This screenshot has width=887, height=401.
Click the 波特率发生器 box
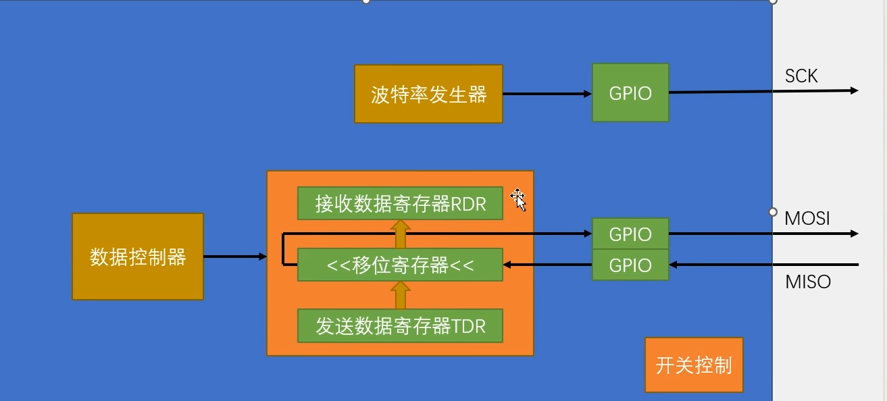pyautogui.click(x=428, y=94)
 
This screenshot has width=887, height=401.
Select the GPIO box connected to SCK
pyautogui.click(x=630, y=93)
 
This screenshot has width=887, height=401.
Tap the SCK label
pyautogui.click(x=801, y=76)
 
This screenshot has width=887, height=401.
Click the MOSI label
pyautogui.click(x=807, y=219)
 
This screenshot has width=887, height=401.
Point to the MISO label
pyautogui.click(x=808, y=282)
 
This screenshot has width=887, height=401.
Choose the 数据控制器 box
pyautogui.click(x=138, y=257)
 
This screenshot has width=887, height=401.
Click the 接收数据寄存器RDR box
pyautogui.click(x=400, y=203)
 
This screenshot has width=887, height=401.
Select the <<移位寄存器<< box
pyautogui.click(x=400, y=265)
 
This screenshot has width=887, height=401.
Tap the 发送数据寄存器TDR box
pyautogui.click(x=400, y=327)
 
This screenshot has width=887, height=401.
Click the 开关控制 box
pyautogui.click(x=694, y=365)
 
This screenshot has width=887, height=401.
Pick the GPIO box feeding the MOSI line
pyautogui.click(x=630, y=234)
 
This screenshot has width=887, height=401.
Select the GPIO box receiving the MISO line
pyautogui.click(x=630, y=265)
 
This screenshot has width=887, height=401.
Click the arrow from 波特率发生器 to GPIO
pyautogui.click(x=547, y=94)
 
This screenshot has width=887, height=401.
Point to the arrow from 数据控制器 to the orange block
pyautogui.click(x=235, y=257)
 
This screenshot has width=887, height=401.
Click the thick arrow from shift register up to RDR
pyautogui.click(x=400, y=234)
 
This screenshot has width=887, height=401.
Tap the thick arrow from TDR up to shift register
pyautogui.click(x=400, y=295)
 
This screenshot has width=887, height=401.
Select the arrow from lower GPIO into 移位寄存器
pyautogui.click(x=547, y=265)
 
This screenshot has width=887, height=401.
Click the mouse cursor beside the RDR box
pyautogui.click(x=519, y=200)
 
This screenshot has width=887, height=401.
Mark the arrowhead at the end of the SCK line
pyautogui.click(x=854, y=90)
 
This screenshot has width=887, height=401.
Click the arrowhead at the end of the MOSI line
pyautogui.click(x=854, y=234)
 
